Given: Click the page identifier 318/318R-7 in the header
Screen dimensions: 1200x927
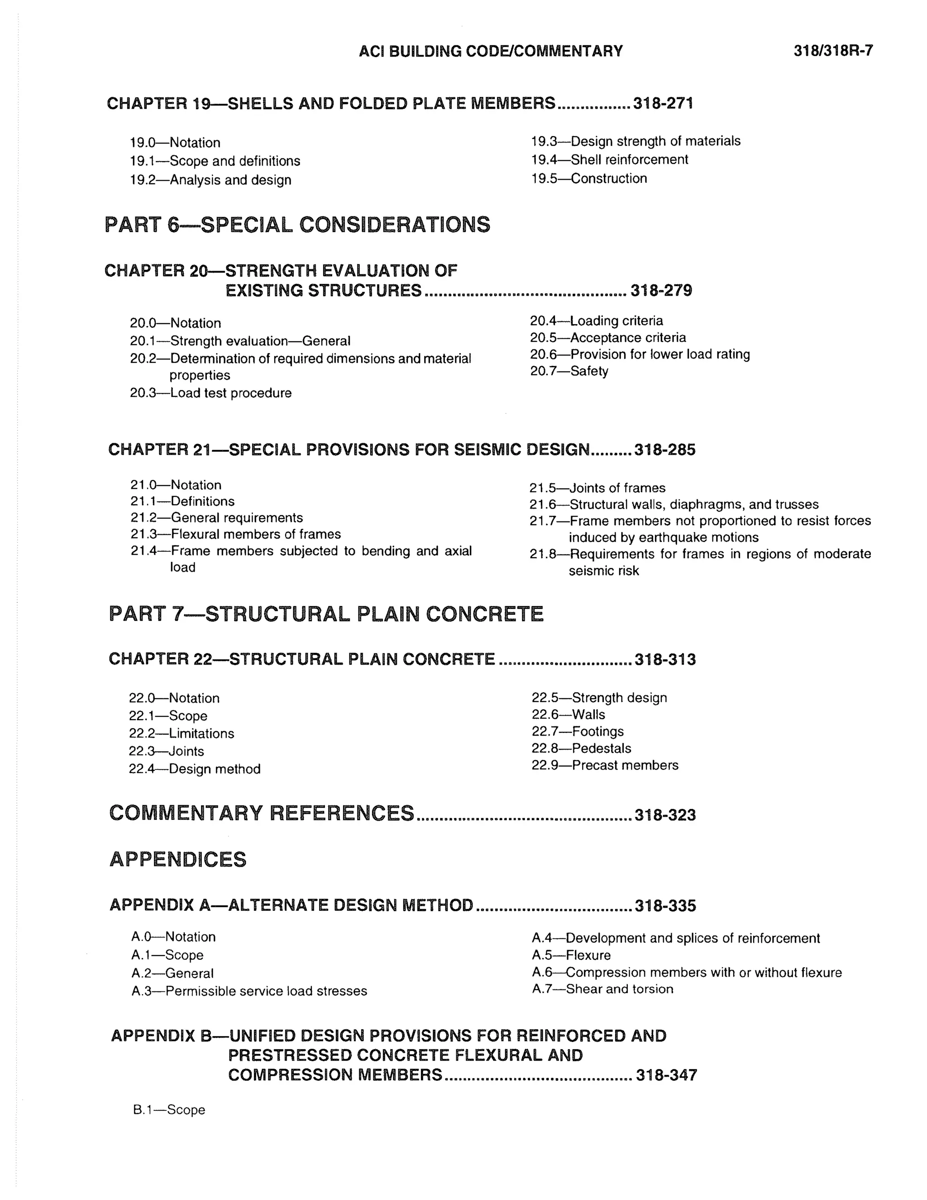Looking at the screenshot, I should coord(832,51).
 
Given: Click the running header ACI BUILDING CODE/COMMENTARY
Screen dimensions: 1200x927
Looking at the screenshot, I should coord(490,51).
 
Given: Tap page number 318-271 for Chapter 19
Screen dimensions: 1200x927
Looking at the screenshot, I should coord(663,103).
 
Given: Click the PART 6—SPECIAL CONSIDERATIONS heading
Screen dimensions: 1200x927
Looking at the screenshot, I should coord(297,225).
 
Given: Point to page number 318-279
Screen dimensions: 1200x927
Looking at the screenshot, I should coord(661,291).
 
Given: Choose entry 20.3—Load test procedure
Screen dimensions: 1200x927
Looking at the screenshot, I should coord(210,393).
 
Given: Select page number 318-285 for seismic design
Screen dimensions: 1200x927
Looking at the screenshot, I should coord(664,450).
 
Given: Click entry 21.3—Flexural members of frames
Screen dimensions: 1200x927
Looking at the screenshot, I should coord(235,534).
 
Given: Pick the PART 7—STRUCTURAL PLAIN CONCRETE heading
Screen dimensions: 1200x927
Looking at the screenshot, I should coord(326,614).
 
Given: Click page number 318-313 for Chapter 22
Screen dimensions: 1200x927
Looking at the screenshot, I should coord(665,660).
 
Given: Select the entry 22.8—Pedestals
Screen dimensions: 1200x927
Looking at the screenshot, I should coord(581,748).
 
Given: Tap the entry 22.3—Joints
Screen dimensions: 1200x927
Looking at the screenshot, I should coord(166,751).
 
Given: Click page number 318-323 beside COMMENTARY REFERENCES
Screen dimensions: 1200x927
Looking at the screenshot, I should coord(665,815).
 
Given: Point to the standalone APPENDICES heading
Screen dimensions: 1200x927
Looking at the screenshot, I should coord(178,859).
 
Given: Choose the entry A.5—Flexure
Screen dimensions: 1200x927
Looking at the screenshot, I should coord(571,956).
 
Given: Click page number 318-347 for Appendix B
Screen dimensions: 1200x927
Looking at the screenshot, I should coord(666,1075).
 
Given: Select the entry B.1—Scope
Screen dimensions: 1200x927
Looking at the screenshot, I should coord(169,1110).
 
